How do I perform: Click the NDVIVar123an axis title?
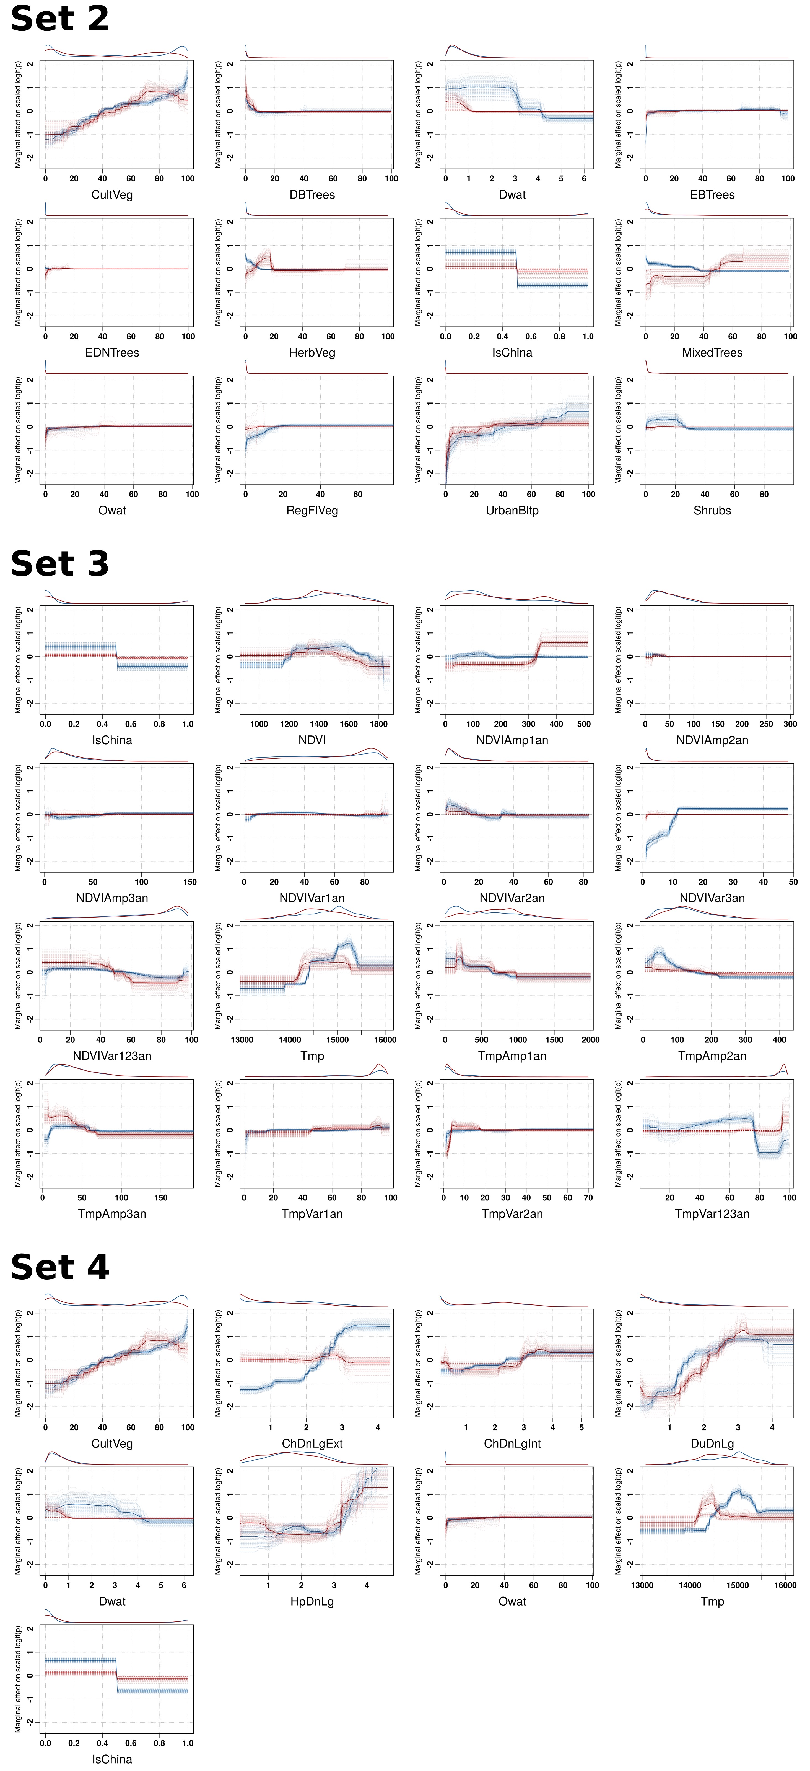click(112, 1056)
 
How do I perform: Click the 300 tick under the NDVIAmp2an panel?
click(790, 724)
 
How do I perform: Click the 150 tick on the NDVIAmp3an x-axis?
click(190, 882)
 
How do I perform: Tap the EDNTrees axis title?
click(112, 353)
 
